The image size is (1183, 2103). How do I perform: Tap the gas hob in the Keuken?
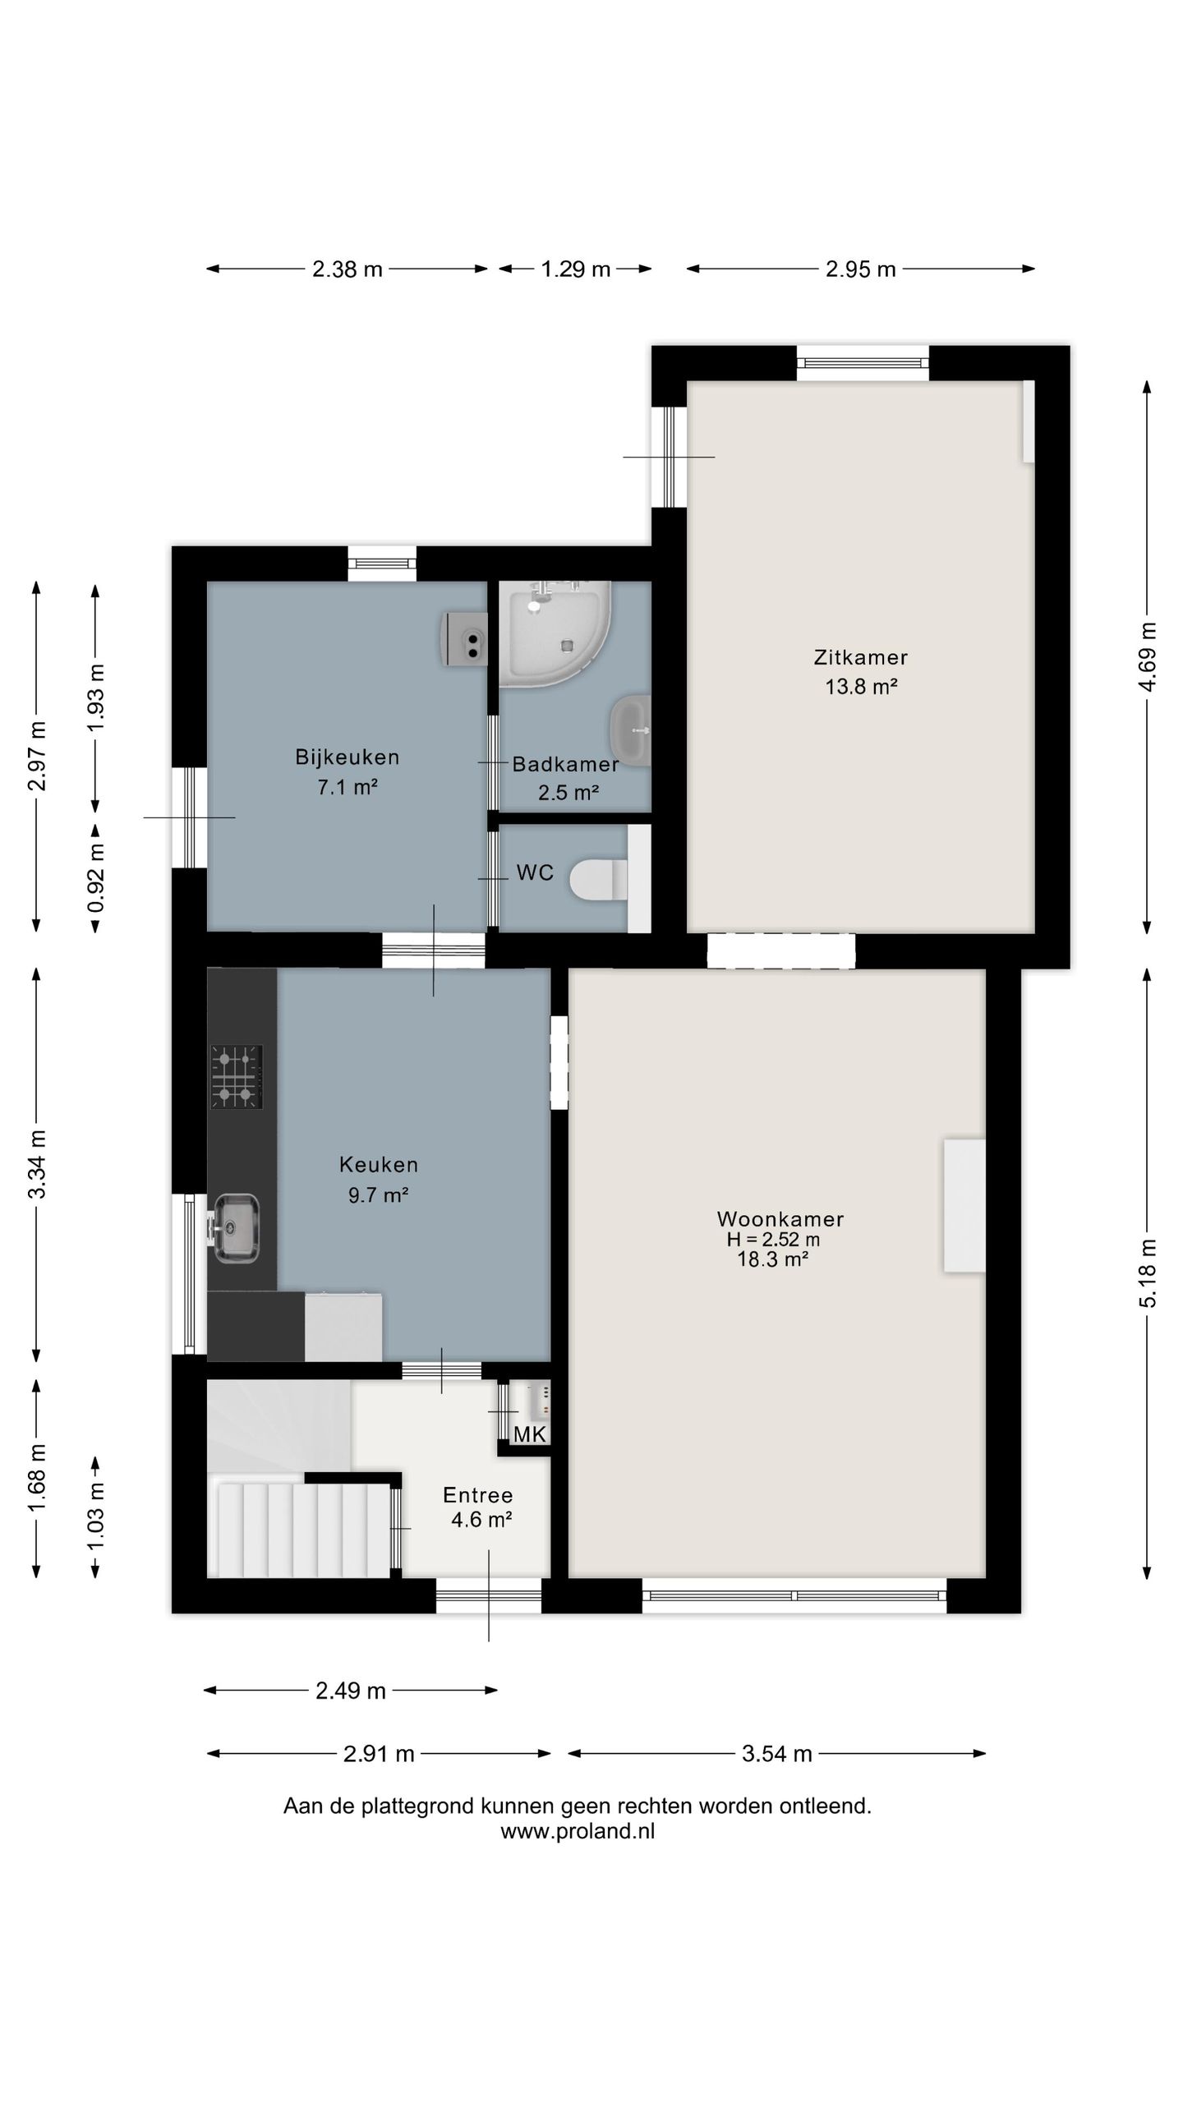237,1076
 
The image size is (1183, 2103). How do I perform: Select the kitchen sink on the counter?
236,1228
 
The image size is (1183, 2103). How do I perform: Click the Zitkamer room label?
860,657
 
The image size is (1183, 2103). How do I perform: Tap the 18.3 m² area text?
773,1259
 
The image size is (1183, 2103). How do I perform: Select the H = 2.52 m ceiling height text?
773,1240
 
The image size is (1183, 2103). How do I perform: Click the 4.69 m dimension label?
1148,657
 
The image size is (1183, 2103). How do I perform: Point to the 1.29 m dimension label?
575,269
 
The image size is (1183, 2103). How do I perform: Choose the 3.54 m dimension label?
777,1754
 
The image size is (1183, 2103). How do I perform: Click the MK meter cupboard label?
530,1434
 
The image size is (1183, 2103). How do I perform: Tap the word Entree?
478,1495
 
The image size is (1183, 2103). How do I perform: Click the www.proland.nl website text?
578,1831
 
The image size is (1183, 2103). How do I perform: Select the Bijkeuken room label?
348,757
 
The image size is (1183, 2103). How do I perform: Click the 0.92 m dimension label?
96,878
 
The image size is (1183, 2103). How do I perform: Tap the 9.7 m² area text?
379,1194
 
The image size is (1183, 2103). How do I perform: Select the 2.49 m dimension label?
351,1691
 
